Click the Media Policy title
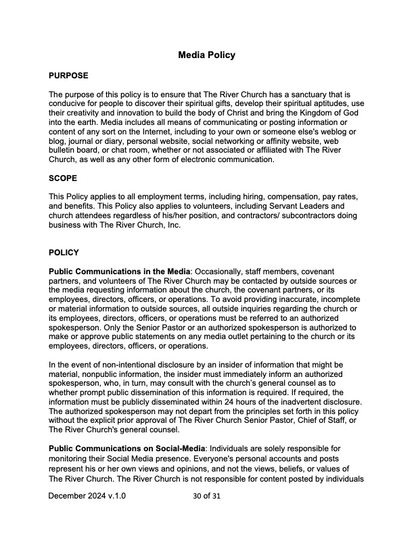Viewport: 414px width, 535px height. [206, 55]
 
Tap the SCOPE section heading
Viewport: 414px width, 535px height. [63, 178]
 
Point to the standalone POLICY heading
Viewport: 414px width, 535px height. [64, 253]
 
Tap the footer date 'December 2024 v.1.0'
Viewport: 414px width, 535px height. [87, 496]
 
